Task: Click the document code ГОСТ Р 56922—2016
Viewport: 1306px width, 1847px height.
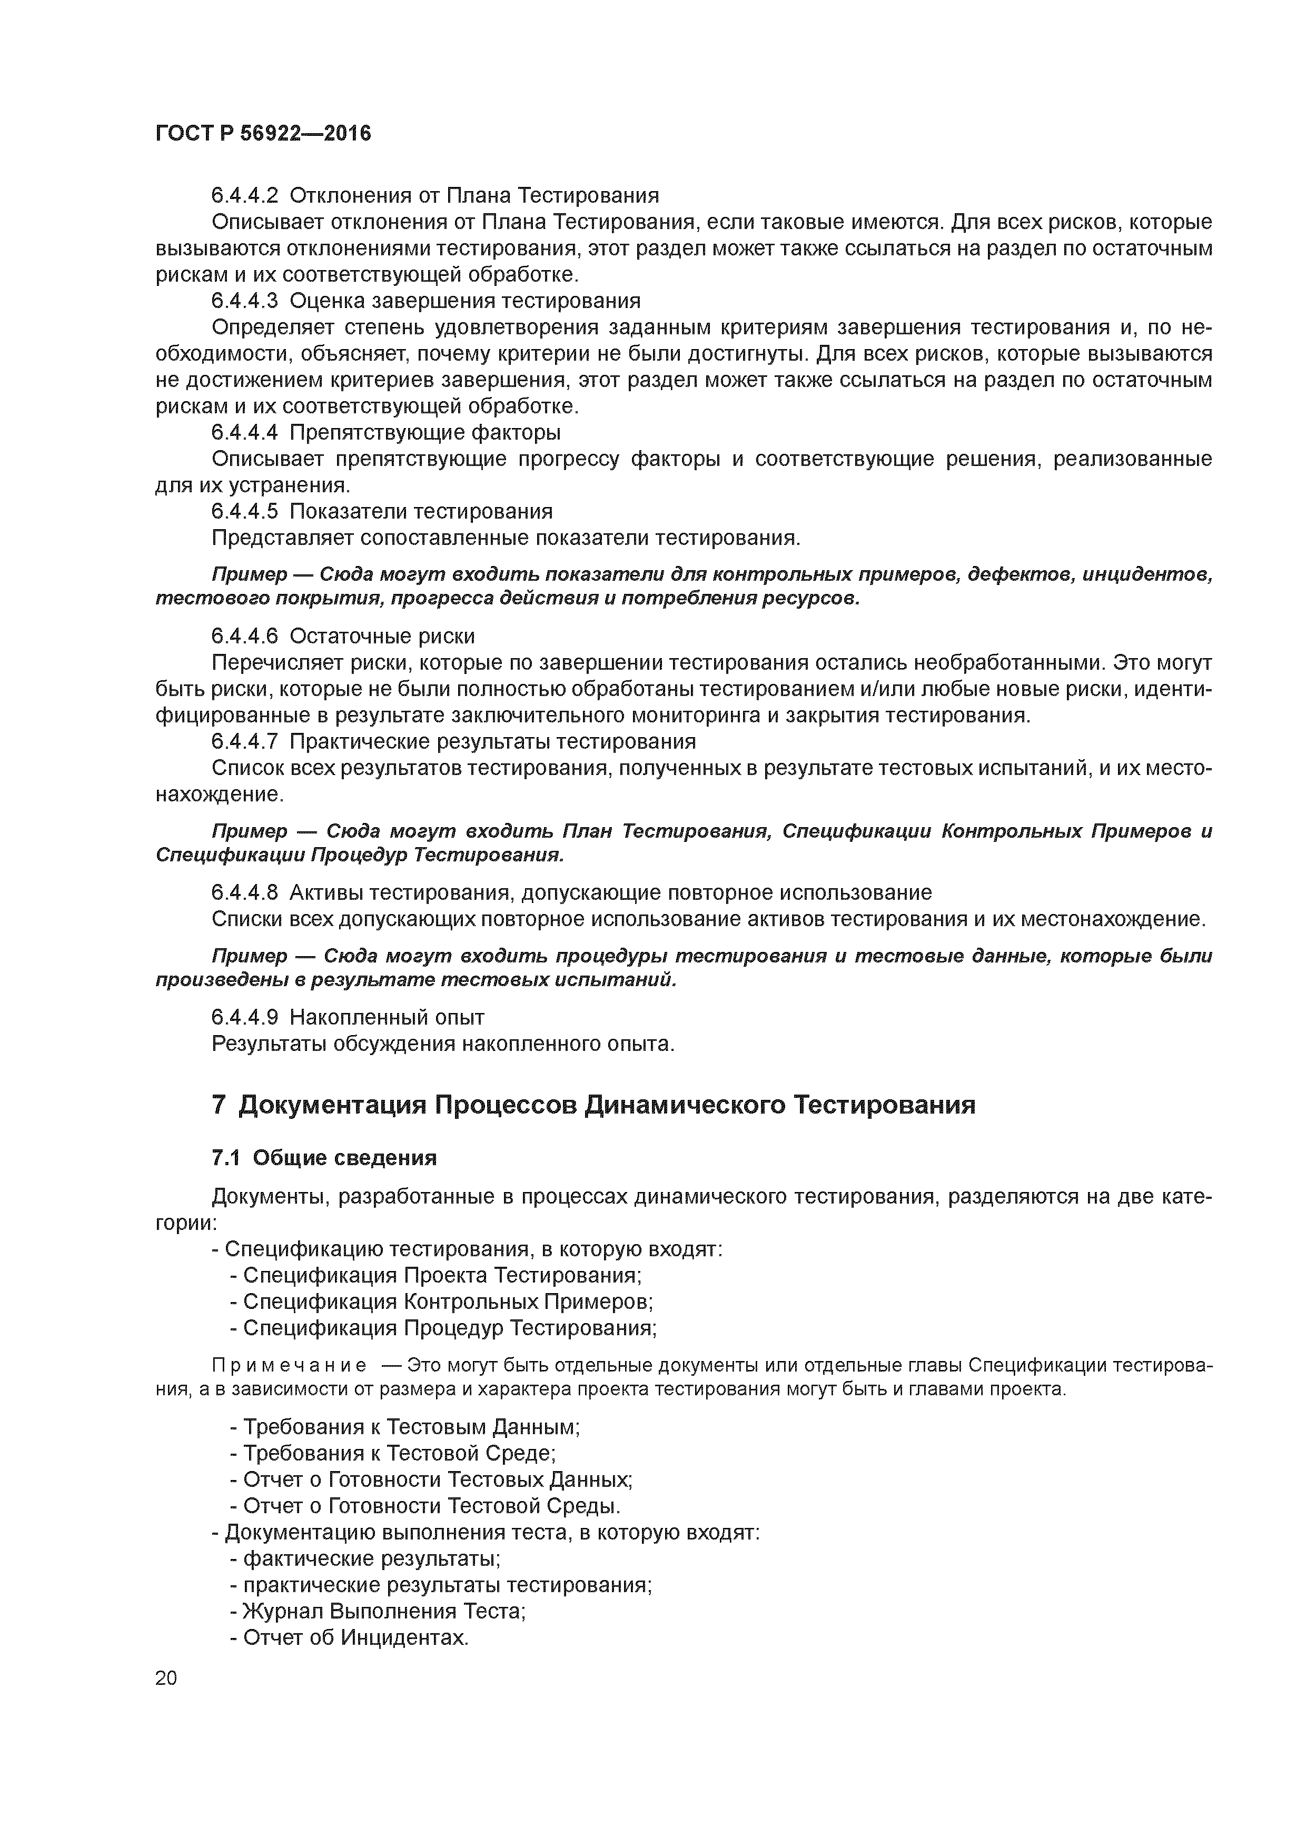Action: click(263, 134)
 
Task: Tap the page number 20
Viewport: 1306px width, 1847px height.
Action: click(166, 1678)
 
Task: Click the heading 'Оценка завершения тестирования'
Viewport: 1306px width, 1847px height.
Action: click(464, 301)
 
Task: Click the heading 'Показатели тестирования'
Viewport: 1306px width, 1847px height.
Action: click(421, 512)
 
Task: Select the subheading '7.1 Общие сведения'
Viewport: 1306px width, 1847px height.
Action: click(323, 1158)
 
